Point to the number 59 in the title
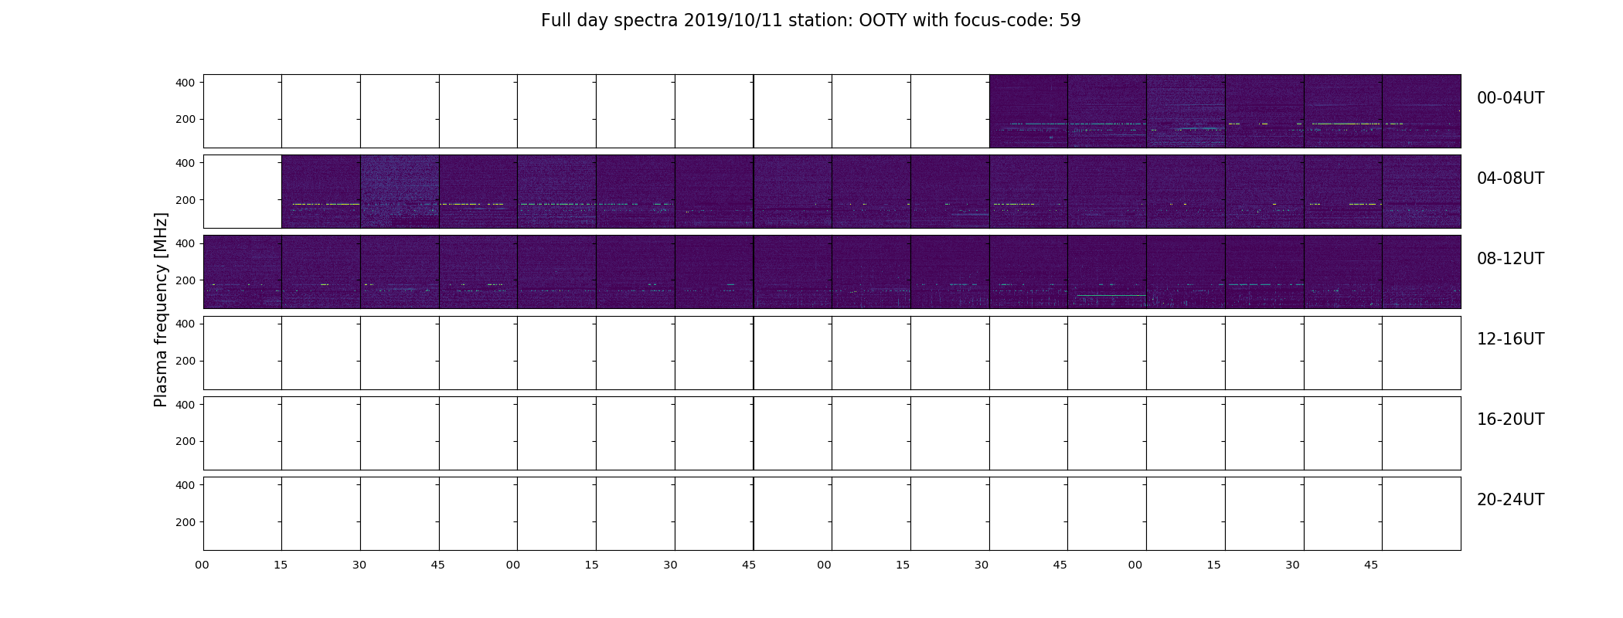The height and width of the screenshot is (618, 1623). coord(1070,21)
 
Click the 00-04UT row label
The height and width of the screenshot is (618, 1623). coord(1510,98)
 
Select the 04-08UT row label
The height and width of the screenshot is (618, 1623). coord(1510,178)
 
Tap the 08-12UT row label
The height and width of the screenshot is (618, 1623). coord(1510,259)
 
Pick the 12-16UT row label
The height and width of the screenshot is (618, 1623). coord(1510,339)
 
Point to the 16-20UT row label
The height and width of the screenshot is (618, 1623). coord(1510,419)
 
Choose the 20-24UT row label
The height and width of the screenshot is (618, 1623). coord(1510,500)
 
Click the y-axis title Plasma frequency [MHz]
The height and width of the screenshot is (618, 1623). coord(161,310)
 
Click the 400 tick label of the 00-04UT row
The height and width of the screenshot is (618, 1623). coord(186,83)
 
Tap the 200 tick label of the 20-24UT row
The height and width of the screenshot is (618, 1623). coord(186,522)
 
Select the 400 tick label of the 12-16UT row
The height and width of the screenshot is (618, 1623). coord(186,324)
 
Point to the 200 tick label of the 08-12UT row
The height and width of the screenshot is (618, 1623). coord(186,280)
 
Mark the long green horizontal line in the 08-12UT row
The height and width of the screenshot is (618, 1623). coord(1111,295)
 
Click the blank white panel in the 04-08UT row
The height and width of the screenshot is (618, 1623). coord(243,192)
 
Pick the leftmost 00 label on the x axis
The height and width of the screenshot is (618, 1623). coord(202,565)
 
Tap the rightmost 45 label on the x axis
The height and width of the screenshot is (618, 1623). coord(1371,565)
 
